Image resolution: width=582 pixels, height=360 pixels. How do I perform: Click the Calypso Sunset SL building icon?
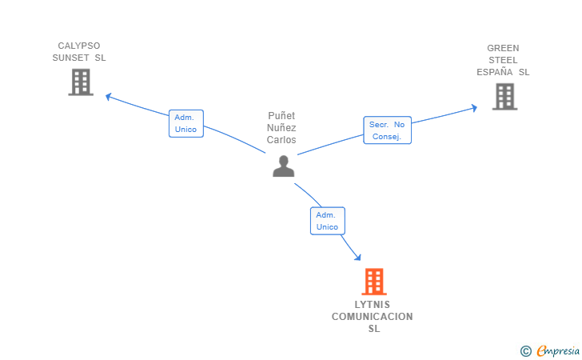click(81, 82)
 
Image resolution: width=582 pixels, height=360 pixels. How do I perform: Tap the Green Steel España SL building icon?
click(504, 97)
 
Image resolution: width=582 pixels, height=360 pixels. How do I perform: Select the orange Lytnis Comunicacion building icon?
click(374, 282)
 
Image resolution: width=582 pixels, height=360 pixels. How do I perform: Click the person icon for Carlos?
click(284, 166)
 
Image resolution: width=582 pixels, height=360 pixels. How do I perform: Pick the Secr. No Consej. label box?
click(387, 130)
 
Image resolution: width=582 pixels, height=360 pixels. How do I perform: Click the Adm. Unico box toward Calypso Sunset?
click(186, 123)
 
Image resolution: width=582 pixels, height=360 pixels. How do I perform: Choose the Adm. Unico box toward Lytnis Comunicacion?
click(328, 221)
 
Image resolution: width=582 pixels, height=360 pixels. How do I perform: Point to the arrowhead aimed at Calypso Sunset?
click(109, 97)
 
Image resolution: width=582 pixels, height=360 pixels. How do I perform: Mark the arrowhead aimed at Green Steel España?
click(474, 108)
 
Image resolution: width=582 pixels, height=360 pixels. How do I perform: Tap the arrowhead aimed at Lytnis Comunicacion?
click(358, 257)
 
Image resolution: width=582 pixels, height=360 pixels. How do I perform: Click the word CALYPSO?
click(79, 46)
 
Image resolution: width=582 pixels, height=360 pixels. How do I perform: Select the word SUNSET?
click(70, 58)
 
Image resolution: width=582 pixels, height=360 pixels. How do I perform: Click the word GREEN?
click(503, 48)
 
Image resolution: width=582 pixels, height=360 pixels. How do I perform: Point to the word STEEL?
click(503, 60)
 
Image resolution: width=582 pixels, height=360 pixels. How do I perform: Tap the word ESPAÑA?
click(494, 72)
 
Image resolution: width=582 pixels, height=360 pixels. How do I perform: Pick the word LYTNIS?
click(373, 305)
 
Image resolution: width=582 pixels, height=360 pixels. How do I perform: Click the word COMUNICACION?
click(373, 317)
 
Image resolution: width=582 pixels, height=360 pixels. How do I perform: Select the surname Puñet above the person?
click(281, 116)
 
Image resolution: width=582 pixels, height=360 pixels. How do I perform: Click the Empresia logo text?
click(558, 350)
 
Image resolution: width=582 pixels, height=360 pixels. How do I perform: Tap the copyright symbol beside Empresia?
click(525, 351)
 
